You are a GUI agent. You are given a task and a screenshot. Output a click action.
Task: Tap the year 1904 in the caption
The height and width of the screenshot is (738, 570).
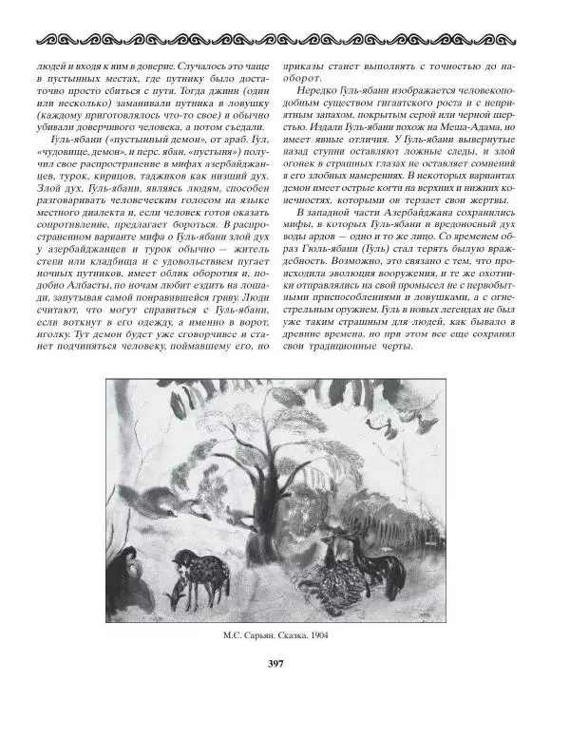[x=325, y=636]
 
